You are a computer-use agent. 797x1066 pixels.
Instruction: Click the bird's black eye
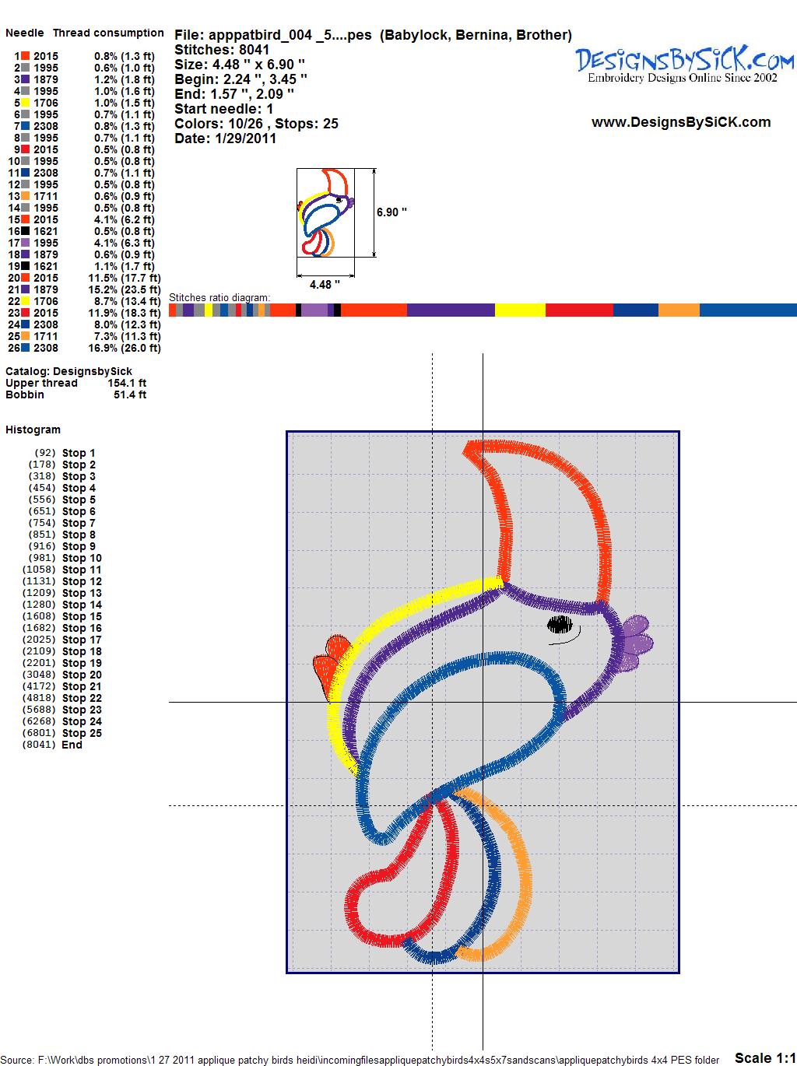point(560,625)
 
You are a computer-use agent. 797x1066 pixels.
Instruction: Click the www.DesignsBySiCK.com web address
point(681,122)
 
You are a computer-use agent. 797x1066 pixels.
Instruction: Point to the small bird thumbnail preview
point(325,212)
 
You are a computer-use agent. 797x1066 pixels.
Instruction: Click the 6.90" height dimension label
point(391,212)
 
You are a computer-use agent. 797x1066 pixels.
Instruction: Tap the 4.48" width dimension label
point(325,285)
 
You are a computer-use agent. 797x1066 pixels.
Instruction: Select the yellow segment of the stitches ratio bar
point(520,310)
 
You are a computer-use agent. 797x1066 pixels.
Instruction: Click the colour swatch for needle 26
point(25,348)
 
